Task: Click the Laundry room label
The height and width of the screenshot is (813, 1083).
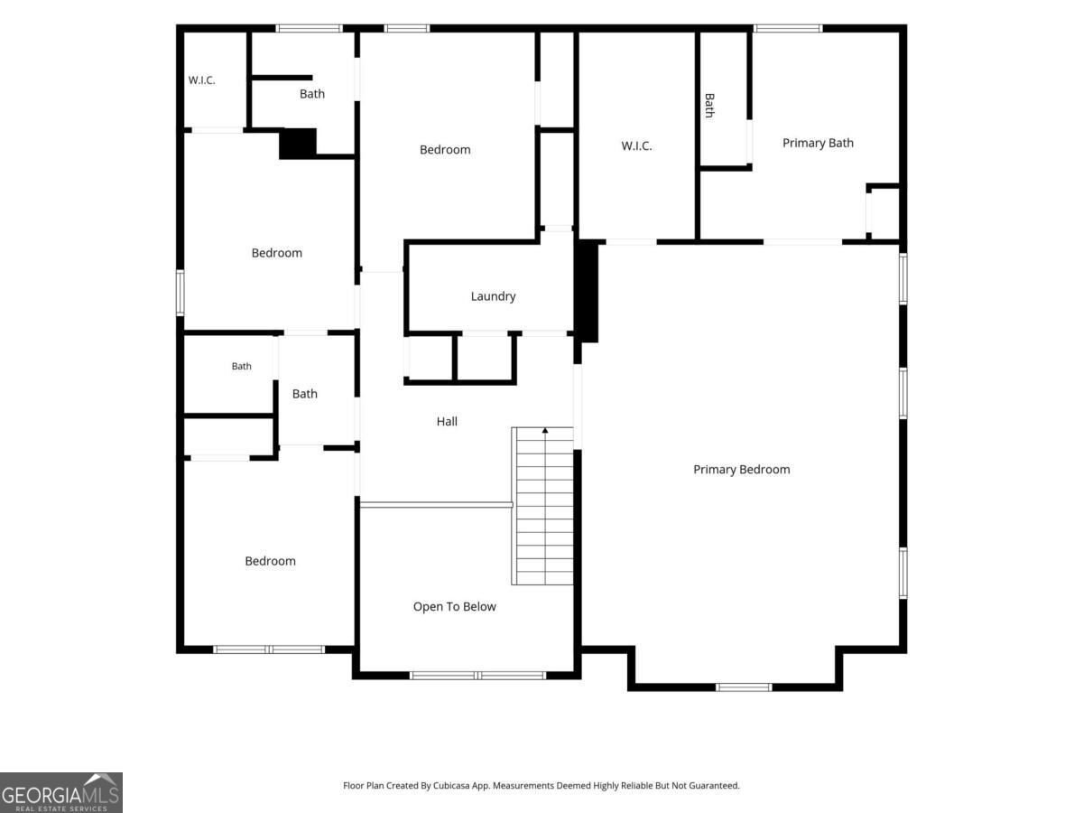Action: pos(493,296)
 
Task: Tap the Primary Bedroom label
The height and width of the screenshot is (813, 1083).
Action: pos(741,470)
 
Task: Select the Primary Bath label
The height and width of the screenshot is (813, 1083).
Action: pos(818,143)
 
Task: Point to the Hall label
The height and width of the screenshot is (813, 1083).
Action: pos(447,422)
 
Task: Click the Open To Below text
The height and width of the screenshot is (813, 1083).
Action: pos(455,607)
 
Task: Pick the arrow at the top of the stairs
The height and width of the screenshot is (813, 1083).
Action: pos(545,431)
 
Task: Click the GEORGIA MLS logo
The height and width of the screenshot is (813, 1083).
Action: pos(61,792)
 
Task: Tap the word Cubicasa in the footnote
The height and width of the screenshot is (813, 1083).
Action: pos(451,785)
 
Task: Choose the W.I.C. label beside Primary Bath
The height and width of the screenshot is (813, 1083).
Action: pos(636,146)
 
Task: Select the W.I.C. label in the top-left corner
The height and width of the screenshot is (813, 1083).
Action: pos(201,80)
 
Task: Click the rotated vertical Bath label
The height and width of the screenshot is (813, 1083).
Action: pos(709,105)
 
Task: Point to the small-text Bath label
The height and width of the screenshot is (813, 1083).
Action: pos(241,366)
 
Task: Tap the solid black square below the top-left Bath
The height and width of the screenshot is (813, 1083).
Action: pos(298,144)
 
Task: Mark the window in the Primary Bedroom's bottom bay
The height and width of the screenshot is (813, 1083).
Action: pos(744,687)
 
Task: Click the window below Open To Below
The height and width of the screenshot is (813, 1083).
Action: pos(477,676)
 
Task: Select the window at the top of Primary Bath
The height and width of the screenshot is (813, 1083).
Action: pos(788,29)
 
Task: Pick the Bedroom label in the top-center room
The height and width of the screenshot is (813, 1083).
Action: pos(445,150)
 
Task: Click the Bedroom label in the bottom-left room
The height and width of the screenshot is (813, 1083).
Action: pos(270,561)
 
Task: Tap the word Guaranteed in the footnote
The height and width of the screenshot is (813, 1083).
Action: pos(715,785)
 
